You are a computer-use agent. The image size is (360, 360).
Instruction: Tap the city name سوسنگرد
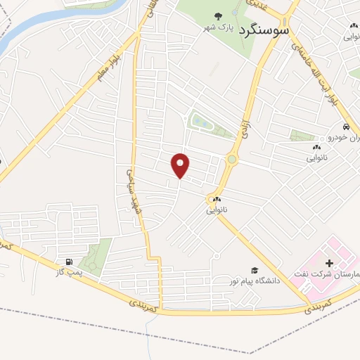point(266,31)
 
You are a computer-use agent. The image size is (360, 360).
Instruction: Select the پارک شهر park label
point(218,27)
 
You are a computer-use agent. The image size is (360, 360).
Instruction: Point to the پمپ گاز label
point(70,271)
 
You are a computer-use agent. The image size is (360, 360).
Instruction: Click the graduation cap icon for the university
point(255,270)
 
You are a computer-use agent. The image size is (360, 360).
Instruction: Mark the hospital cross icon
point(329,262)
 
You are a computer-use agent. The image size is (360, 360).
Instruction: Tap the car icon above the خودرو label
point(346,127)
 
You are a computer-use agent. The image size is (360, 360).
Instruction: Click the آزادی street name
point(245,127)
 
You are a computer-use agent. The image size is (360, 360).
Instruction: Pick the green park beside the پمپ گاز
point(97,256)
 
